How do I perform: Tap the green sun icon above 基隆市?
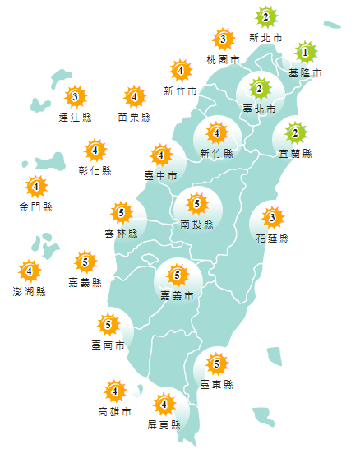305,53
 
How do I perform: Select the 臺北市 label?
259,109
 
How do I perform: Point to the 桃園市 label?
223,60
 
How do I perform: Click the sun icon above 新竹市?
181,70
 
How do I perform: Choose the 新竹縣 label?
217,153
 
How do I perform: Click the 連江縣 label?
76,118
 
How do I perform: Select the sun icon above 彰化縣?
95,150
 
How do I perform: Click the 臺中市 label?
160,175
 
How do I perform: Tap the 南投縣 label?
196,223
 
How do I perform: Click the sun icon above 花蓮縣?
272,218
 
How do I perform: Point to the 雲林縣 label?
121,234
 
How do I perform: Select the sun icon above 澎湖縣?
30,270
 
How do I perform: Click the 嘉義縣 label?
85,282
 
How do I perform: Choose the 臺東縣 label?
217,384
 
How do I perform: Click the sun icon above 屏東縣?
164,404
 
